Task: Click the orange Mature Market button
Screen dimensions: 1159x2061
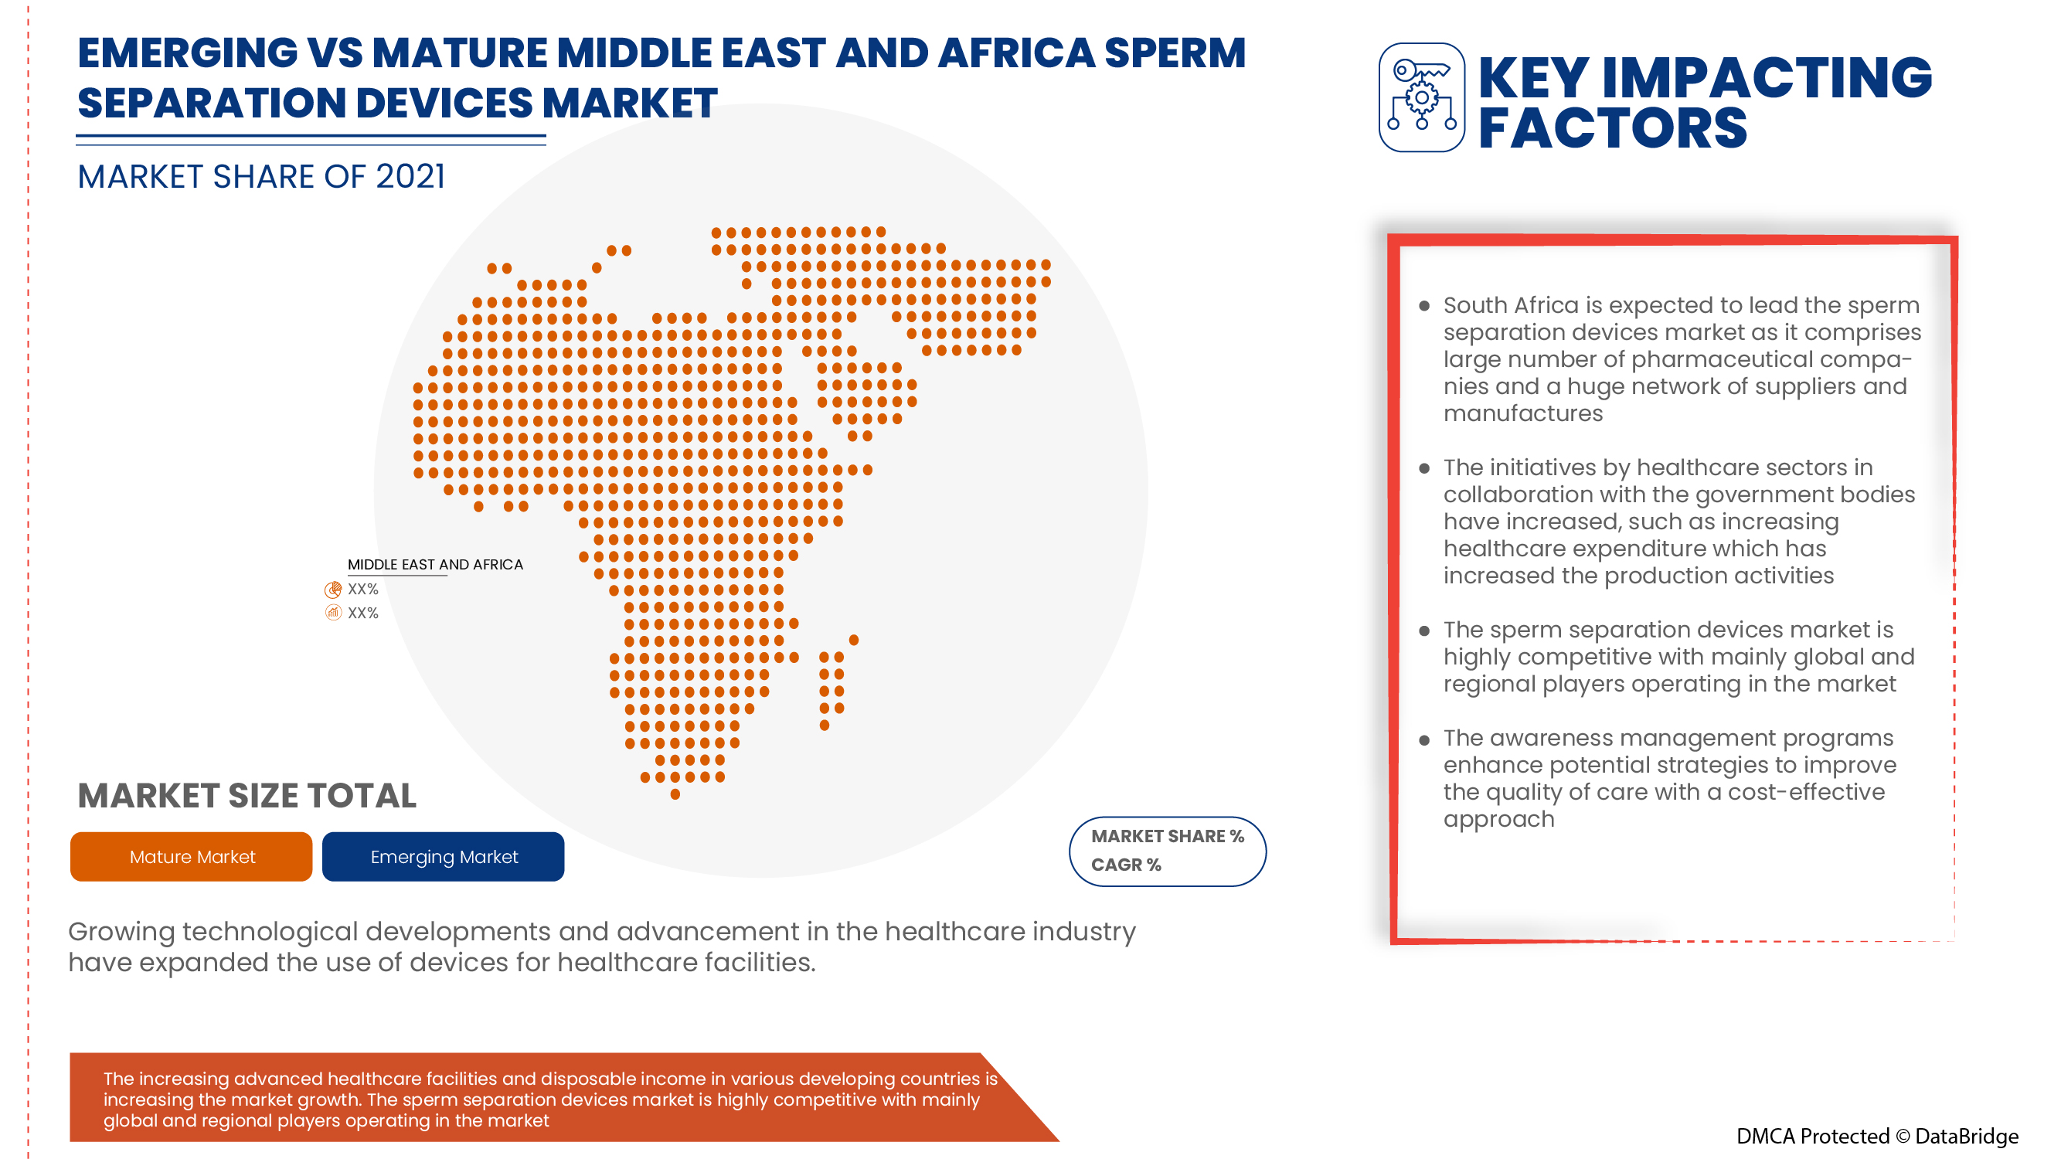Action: pos(191,856)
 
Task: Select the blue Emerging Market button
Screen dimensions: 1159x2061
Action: pos(444,856)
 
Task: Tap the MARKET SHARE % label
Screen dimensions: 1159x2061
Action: pos(1167,836)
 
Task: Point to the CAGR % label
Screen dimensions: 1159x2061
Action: pos(1125,865)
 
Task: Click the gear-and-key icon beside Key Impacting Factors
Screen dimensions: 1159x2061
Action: pos(1421,97)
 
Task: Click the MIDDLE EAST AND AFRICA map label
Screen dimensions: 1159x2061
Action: pos(434,564)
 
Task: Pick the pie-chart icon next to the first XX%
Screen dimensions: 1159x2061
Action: pos(333,590)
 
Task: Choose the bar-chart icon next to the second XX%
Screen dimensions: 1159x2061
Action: pos(333,613)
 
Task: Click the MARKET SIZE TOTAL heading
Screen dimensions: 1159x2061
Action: pos(247,795)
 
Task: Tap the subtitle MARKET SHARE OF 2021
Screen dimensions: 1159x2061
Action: pos(261,176)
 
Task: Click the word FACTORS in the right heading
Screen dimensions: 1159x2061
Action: pos(1611,128)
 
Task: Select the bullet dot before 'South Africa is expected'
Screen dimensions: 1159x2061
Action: pos(1423,305)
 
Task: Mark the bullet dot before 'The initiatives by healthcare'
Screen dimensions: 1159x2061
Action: pos(1423,468)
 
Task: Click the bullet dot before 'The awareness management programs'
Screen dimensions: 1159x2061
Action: pos(1423,739)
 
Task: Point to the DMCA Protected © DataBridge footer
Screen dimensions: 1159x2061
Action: pos(1876,1136)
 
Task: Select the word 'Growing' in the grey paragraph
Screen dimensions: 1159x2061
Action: pos(121,932)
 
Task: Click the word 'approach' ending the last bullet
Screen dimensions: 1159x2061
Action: pos(1498,819)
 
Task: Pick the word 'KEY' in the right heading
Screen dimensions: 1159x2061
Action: pos(1532,77)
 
